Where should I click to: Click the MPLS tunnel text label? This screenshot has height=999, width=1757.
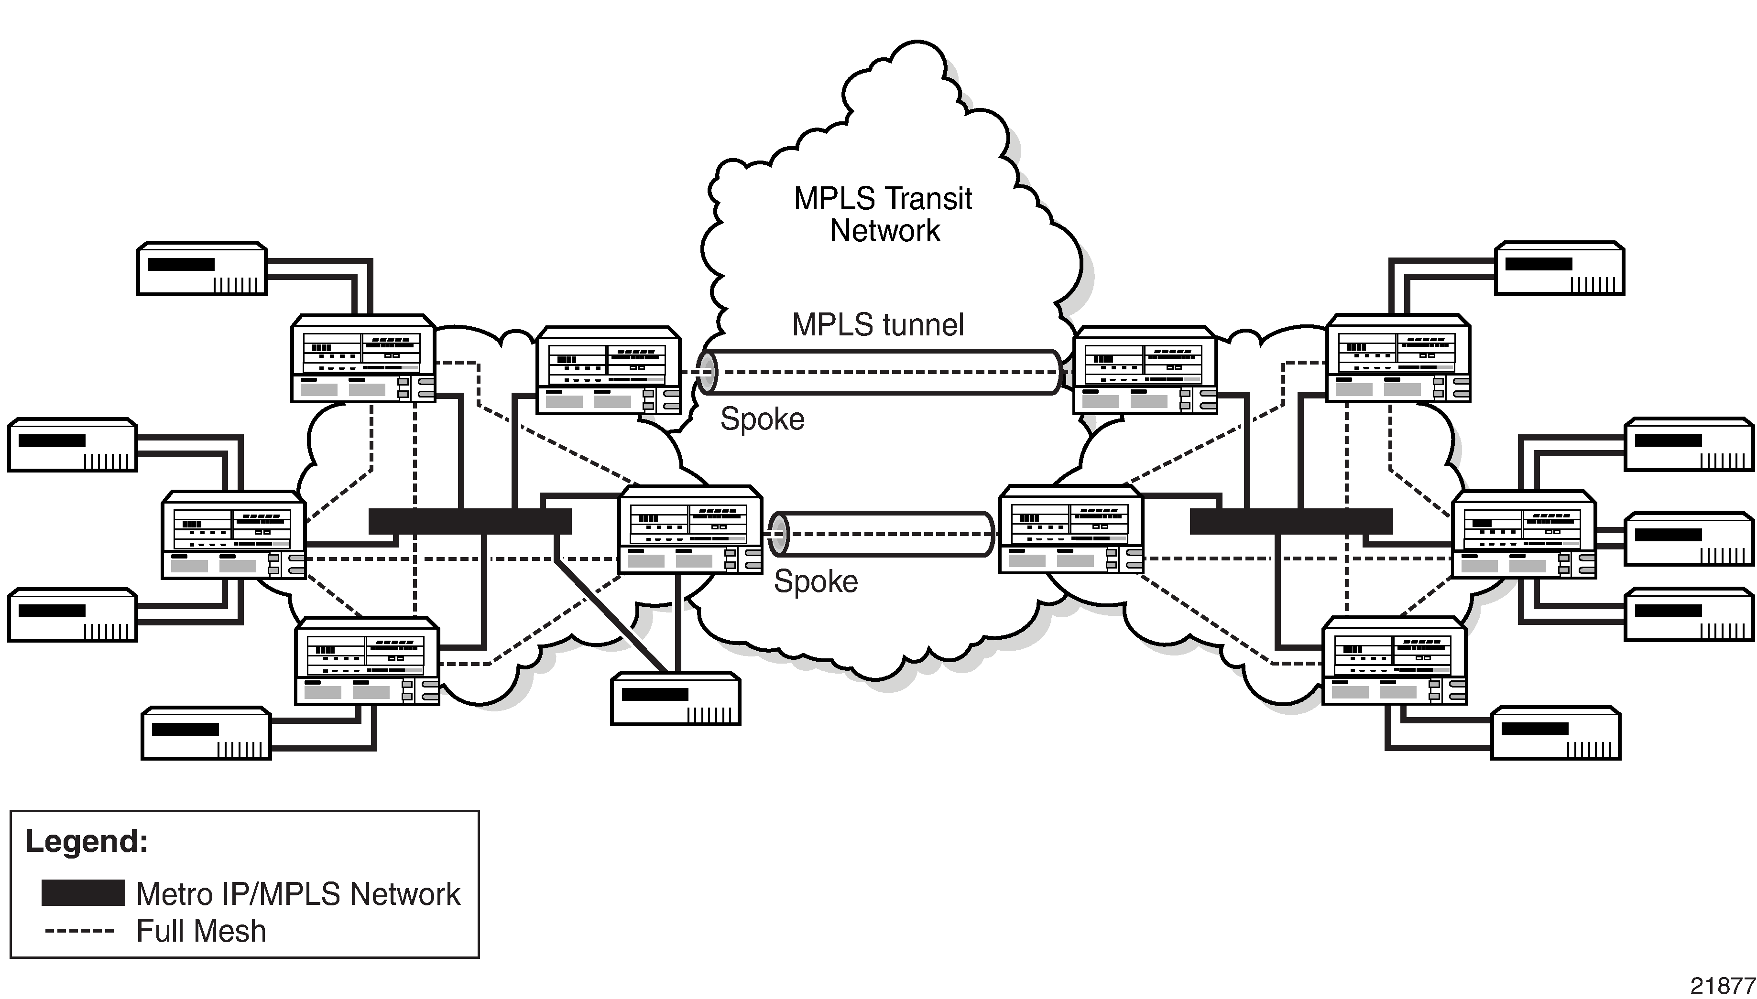pos(877,324)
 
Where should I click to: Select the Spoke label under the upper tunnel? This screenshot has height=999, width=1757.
pos(762,419)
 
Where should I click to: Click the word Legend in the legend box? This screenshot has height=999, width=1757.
pos(87,842)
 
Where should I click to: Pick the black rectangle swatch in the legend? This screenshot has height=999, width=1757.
pos(83,892)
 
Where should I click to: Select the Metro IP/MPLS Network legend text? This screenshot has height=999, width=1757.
pos(298,894)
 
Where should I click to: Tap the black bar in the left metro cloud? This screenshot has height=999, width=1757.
pos(469,521)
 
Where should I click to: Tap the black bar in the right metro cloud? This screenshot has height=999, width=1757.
pos(1291,521)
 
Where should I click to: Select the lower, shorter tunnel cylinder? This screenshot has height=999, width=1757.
pos(882,534)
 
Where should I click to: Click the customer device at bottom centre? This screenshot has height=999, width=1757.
pos(676,698)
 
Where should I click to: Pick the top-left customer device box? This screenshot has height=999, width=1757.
pos(202,269)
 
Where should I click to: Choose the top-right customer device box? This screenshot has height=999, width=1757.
pos(1559,269)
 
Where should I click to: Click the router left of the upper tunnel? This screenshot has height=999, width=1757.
pos(608,371)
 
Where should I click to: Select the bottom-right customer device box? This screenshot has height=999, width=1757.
pos(1556,733)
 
